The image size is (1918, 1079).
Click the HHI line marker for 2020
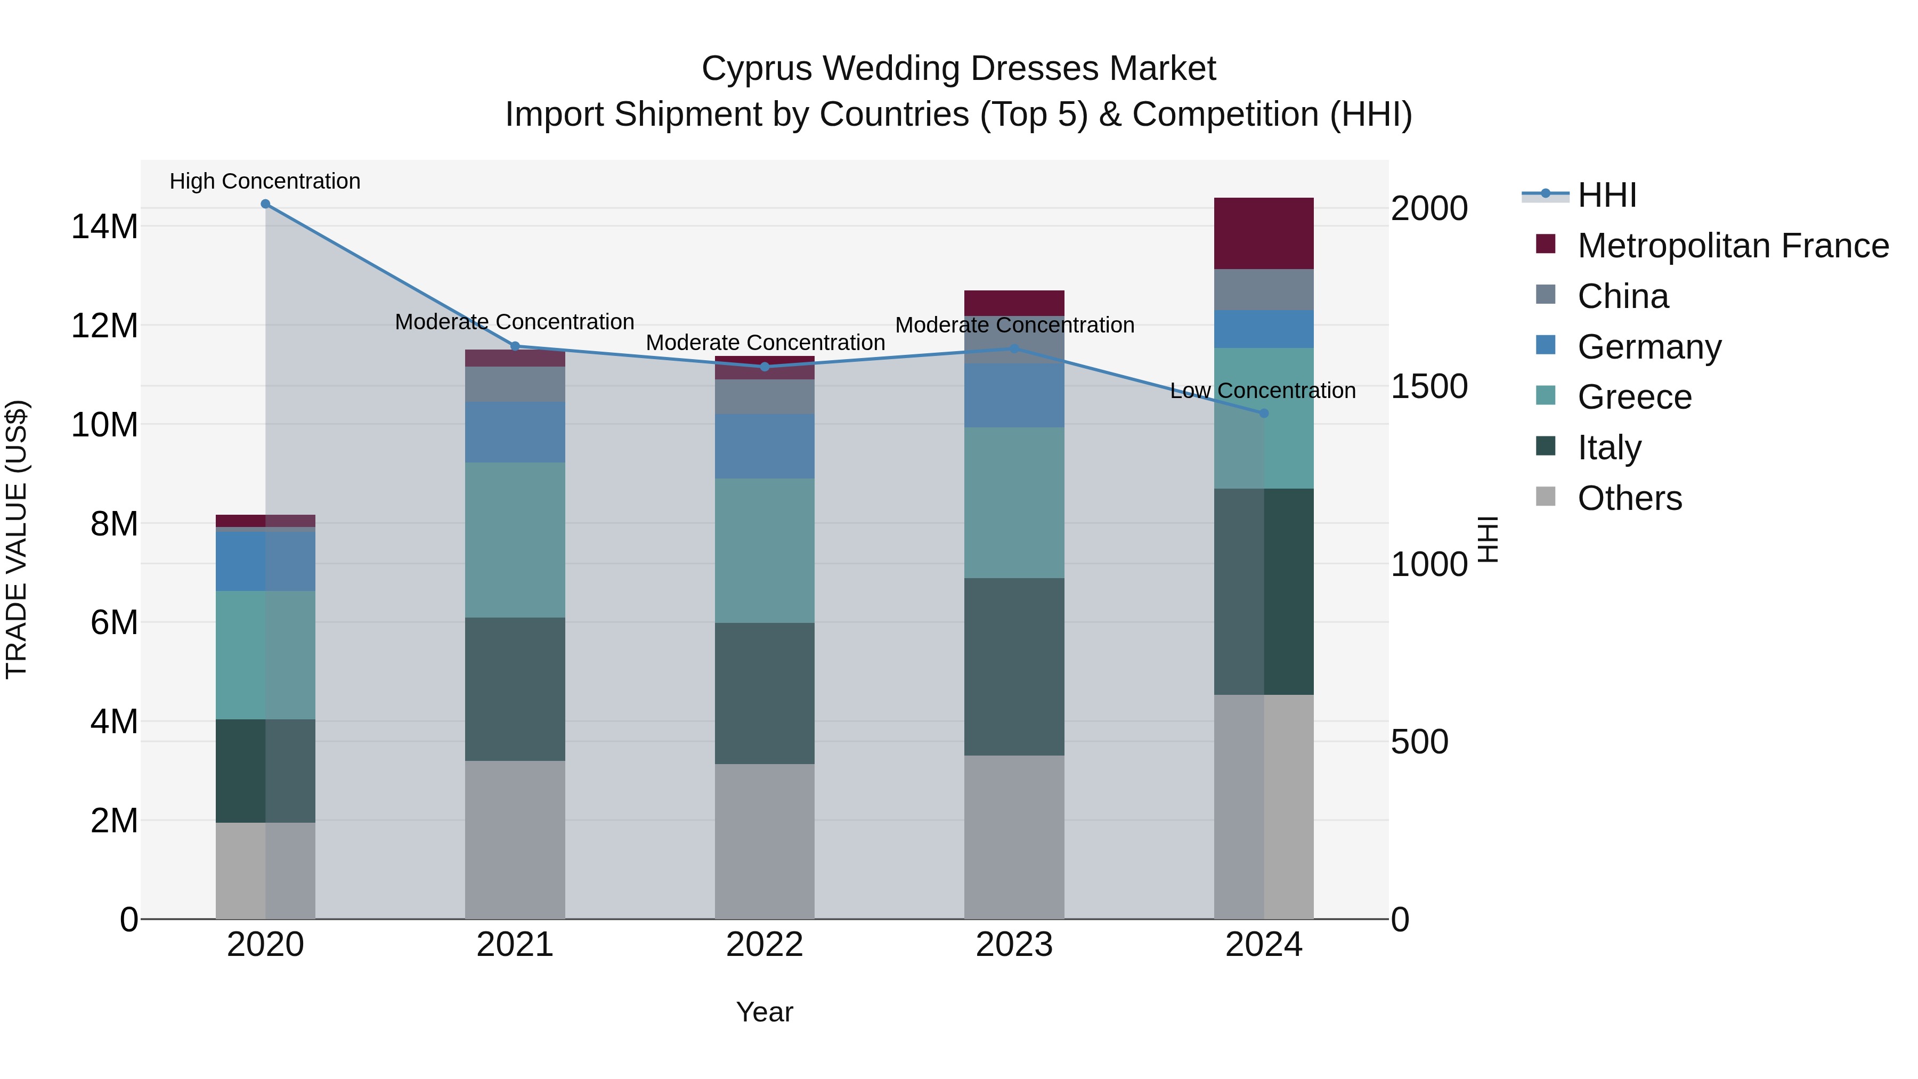click(x=265, y=204)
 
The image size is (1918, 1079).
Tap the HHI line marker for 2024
click(x=1264, y=413)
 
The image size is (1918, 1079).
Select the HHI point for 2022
click(x=765, y=367)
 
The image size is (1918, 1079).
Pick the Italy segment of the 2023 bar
click(x=1014, y=667)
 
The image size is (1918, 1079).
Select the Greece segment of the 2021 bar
click(x=515, y=540)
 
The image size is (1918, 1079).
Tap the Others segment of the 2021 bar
click(x=515, y=839)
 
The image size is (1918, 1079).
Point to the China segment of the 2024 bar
click(x=1264, y=290)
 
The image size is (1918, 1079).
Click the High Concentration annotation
click(x=265, y=181)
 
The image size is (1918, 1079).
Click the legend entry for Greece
click(x=1635, y=397)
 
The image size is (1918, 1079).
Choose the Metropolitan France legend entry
click(x=1733, y=246)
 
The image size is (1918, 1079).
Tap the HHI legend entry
click(x=1607, y=195)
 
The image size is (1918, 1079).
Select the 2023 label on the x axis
click(x=1014, y=945)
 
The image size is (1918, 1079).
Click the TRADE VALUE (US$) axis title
click(x=17, y=539)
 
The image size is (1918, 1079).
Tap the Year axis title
click(x=765, y=1012)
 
